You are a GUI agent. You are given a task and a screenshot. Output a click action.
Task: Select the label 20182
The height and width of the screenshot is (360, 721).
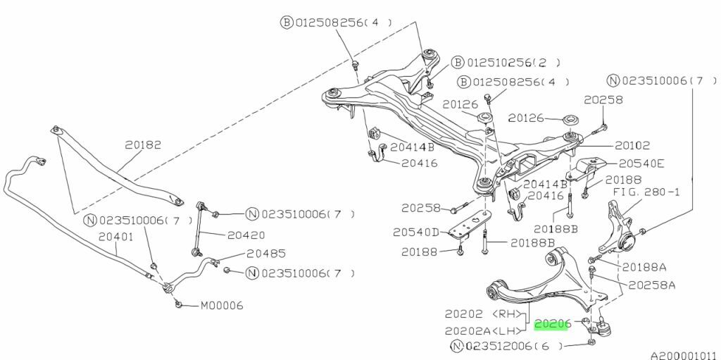tap(143, 146)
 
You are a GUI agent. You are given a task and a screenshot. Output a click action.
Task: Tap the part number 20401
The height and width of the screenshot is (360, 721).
tap(115, 237)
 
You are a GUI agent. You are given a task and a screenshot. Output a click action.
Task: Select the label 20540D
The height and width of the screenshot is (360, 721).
tap(416, 232)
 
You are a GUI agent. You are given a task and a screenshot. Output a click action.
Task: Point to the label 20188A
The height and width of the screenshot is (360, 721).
tap(644, 267)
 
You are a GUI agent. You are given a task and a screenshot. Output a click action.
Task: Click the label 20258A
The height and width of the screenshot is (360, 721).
tap(651, 285)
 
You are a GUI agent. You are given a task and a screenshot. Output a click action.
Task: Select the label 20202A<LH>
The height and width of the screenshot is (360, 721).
tap(484, 330)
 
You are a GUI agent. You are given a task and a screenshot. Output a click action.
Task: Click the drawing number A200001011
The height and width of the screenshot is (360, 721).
tap(682, 355)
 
